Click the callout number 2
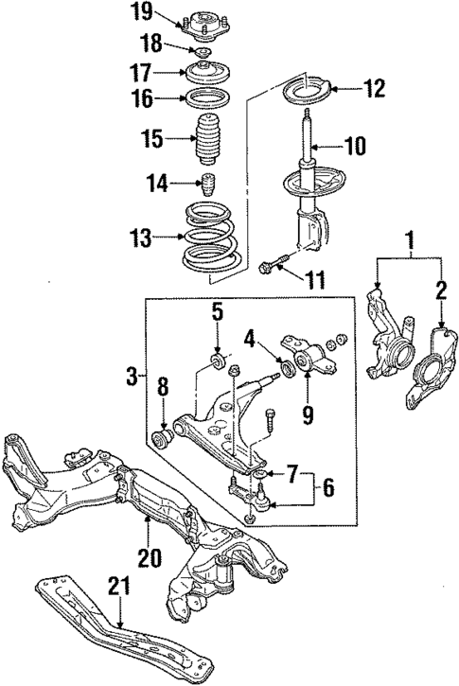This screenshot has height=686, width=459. (441, 290)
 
